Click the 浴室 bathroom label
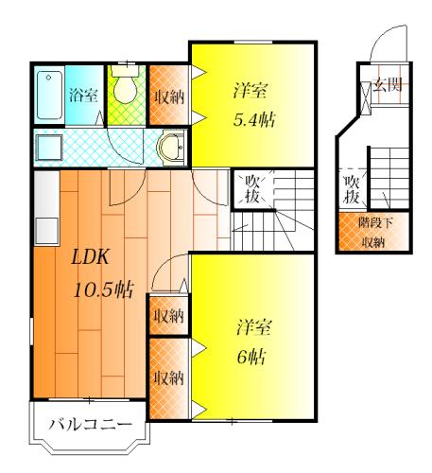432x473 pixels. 83,96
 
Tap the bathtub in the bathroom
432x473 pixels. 49,95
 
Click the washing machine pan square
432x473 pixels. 49,148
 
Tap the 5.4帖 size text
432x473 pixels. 254,120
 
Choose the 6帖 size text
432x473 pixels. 251,358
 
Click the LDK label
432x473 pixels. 91,256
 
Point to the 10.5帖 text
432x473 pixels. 104,289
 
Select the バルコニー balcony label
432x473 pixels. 91,425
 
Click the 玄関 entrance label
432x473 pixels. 388,84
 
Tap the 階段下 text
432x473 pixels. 375,223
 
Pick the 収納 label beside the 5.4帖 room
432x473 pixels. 169,96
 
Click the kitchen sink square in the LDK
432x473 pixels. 47,231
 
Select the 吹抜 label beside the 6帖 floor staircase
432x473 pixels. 252,190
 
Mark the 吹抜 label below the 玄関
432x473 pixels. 352,190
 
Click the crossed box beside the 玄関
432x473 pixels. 366,96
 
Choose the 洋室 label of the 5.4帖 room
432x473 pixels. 251,90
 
